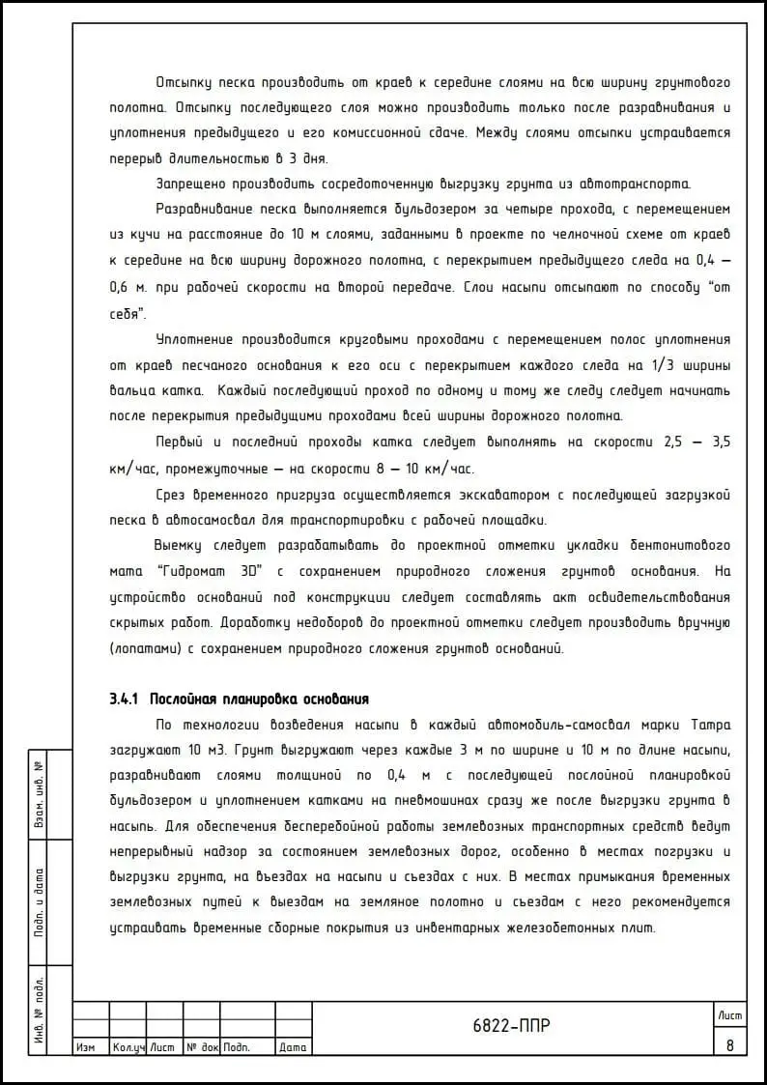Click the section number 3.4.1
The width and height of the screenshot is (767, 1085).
click(126, 699)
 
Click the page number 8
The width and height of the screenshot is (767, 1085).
click(729, 1044)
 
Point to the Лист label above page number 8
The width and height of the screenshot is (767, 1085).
click(729, 1014)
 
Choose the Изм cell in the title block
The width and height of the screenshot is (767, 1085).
click(85, 1047)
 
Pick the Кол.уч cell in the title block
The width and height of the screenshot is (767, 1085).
click(128, 1047)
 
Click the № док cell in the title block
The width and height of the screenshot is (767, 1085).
click(203, 1047)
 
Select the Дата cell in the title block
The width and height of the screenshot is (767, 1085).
click(293, 1047)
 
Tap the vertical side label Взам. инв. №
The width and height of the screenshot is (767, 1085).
click(40, 792)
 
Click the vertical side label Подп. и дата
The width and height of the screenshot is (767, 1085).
click(40, 901)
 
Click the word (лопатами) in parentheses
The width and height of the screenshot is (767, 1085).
click(141, 648)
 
